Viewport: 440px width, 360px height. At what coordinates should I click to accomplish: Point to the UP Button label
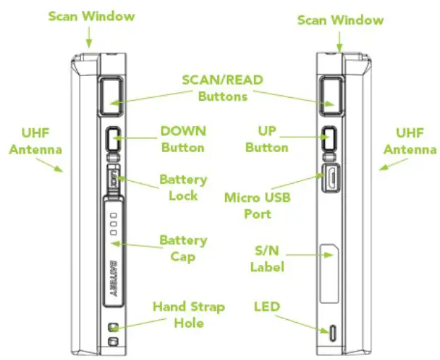pyautogui.click(x=267, y=139)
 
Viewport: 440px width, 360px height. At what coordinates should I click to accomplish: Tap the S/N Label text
pyautogui.click(x=267, y=259)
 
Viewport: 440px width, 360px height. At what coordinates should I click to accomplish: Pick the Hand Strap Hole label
pyautogui.click(x=189, y=315)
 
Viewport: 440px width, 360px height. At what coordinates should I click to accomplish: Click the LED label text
pyautogui.click(x=267, y=306)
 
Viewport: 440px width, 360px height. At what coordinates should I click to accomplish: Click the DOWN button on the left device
pyautogui.click(x=114, y=139)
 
